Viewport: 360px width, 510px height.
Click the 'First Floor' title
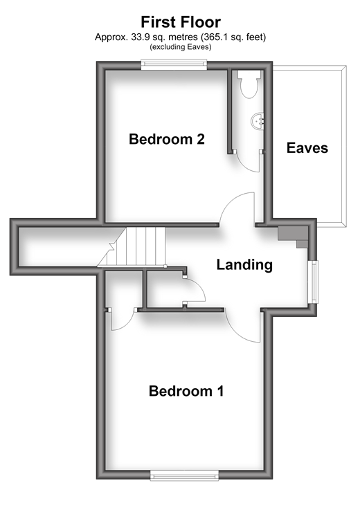pyautogui.click(x=181, y=22)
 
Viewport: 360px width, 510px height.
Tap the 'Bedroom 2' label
pyautogui.click(x=167, y=139)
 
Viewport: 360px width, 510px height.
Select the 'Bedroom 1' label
pyautogui.click(x=186, y=391)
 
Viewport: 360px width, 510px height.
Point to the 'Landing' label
pyautogui.click(x=244, y=265)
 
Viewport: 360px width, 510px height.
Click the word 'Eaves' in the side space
pyautogui.click(x=307, y=148)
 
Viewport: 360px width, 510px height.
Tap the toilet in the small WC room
pyautogui.click(x=249, y=84)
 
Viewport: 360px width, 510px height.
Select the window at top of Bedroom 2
pyautogui.click(x=174, y=64)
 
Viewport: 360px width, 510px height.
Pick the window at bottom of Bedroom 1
pyautogui.click(x=184, y=476)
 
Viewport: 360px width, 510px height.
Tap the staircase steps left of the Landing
pyautogui.click(x=132, y=247)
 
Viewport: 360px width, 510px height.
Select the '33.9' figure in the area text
pyautogui.click(x=139, y=37)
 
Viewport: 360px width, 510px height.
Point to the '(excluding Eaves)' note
pyautogui.click(x=181, y=47)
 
